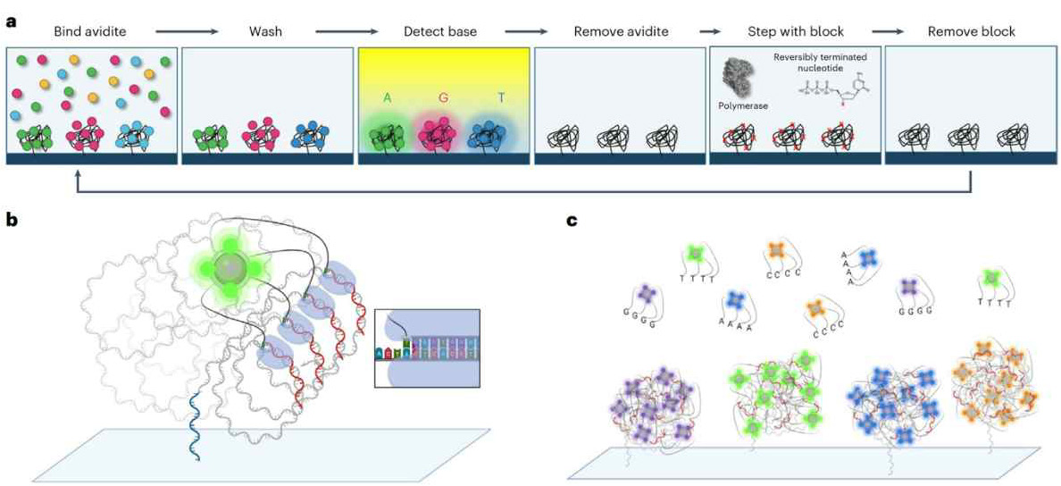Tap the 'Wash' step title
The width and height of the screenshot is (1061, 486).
tap(266, 31)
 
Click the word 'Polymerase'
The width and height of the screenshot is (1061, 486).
tap(743, 105)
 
